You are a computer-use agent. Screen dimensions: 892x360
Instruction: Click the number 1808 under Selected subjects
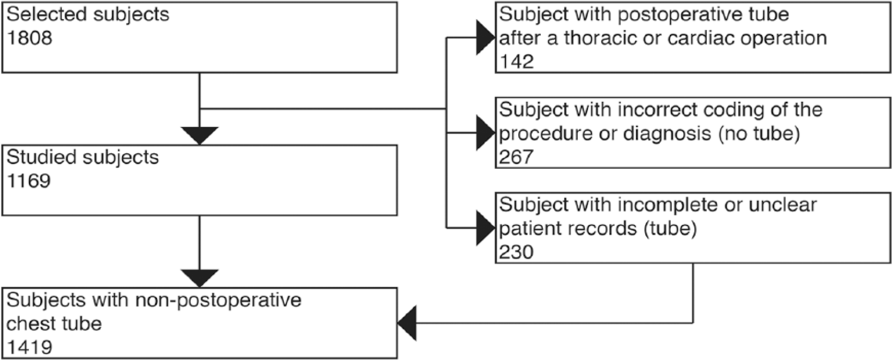click(x=29, y=38)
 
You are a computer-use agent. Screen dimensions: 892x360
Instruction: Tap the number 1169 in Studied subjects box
click(x=29, y=181)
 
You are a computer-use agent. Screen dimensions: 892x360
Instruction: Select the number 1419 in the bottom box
click(x=29, y=347)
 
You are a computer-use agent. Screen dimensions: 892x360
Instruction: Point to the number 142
click(x=517, y=62)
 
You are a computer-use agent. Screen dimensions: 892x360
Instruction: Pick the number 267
click(x=516, y=157)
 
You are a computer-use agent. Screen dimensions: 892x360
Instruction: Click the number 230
click(x=516, y=252)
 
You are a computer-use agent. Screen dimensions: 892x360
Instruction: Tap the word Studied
click(x=41, y=157)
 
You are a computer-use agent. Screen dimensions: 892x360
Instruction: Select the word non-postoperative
click(x=218, y=300)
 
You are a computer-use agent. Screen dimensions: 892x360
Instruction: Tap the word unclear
click(x=782, y=205)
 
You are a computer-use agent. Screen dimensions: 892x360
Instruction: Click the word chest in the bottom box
click(x=31, y=324)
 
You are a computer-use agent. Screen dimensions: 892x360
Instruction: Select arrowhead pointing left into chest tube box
click(x=407, y=323)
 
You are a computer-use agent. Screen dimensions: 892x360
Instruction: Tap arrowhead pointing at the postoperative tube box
click(x=486, y=38)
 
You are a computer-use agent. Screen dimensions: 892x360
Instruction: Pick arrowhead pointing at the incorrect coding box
click(x=486, y=133)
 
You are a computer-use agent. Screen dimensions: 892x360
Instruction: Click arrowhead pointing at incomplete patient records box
click(x=486, y=228)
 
